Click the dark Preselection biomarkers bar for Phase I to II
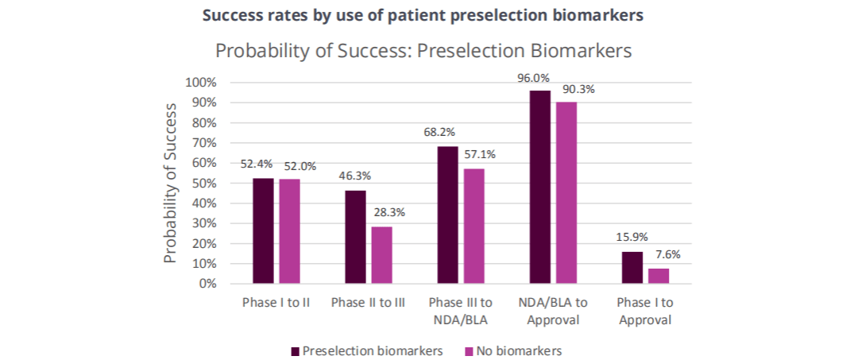click(263, 231)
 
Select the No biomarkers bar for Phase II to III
click(381, 255)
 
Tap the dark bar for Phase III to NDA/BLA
click(447, 215)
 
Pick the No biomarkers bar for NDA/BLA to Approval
click(566, 192)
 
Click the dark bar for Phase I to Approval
click(632, 268)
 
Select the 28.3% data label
click(389, 213)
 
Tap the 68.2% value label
click(439, 133)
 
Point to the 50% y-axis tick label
click(206, 184)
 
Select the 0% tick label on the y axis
click(208, 284)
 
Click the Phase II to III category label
click(369, 303)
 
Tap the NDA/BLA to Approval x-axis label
click(553, 312)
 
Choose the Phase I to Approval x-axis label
click(645, 312)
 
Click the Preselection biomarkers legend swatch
click(296, 350)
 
